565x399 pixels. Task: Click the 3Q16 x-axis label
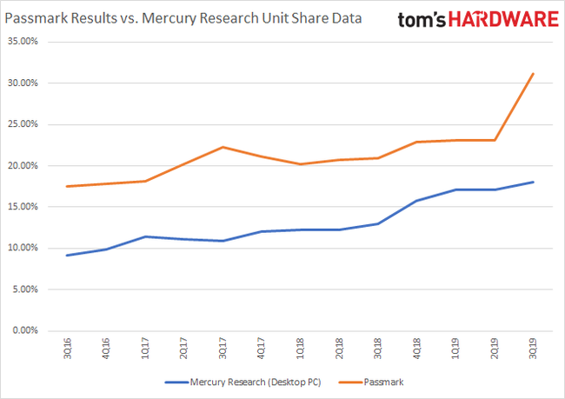tap(69, 348)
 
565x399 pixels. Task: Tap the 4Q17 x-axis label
tap(262, 348)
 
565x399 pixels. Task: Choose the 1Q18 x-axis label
tap(301, 348)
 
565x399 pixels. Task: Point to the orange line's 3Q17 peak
tap(223, 147)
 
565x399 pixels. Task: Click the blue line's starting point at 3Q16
tap(69, 255)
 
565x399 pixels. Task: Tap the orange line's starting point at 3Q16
tap(69, 186)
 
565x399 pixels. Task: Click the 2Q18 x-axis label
tap(339, 348)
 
